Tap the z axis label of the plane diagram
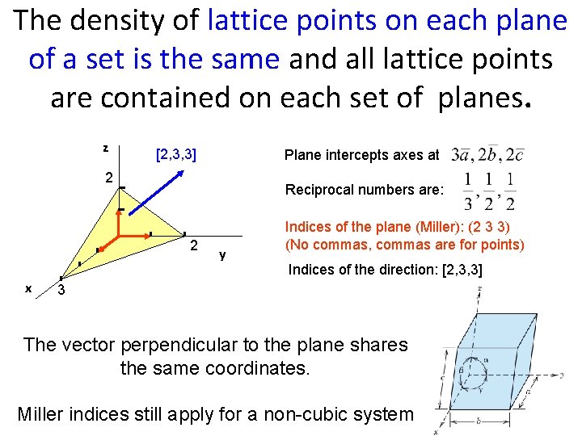[x=106, y=148]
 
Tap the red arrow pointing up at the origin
[x=119, y=221]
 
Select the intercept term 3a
[x=464, y=153]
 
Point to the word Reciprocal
[x=318, y=191]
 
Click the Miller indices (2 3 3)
[x=484, y=229]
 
